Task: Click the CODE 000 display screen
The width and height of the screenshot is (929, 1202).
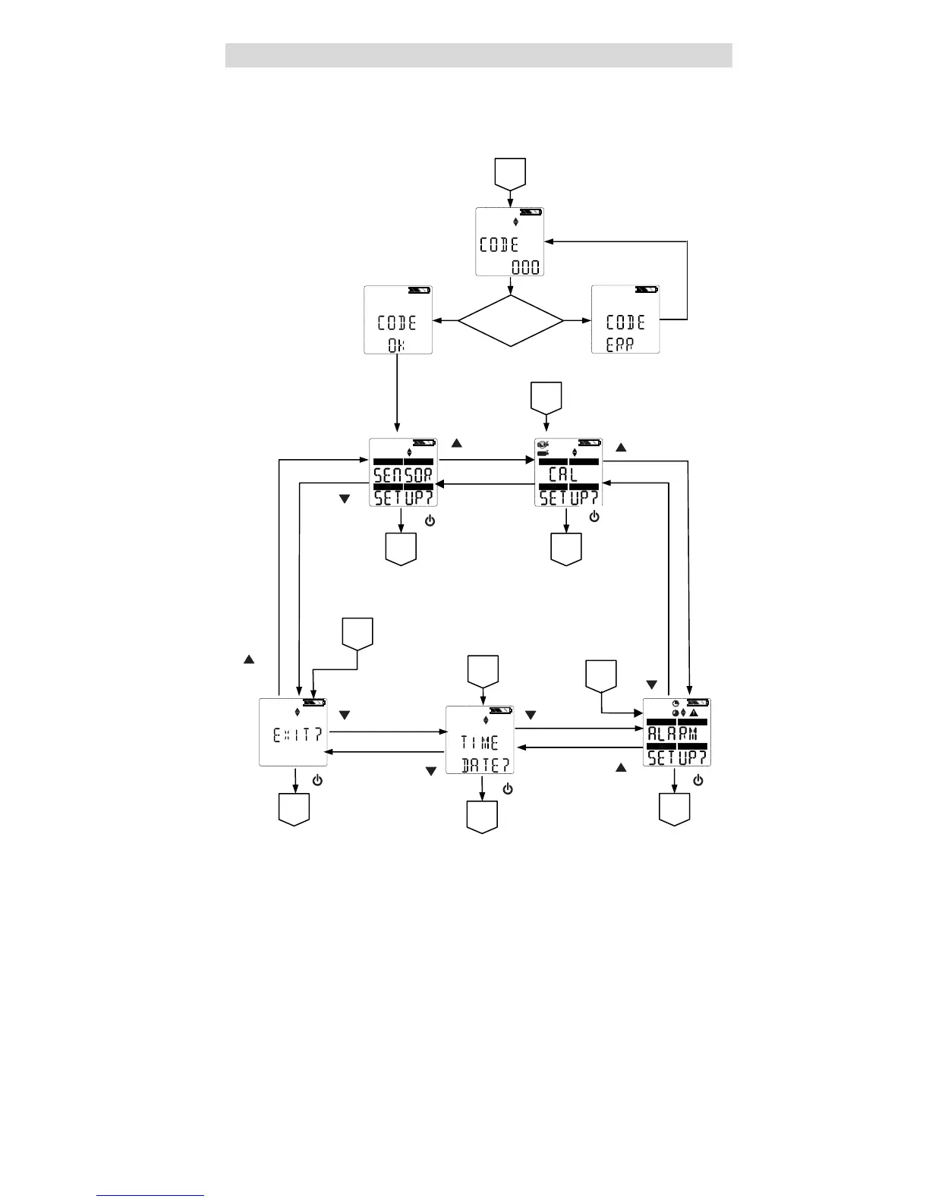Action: click(509, 242)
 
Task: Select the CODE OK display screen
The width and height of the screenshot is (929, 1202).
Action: click(398, 319)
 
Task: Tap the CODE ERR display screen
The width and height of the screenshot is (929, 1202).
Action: click(625, 319)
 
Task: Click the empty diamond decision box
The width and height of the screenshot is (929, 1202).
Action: click(511, 320)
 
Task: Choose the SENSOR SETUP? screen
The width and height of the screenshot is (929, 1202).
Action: click(403, 472)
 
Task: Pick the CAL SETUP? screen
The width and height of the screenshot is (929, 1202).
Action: click(568, 472)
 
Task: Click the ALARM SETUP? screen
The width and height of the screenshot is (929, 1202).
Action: click(677, 732)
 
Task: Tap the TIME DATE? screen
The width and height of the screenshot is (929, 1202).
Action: click(480, 740)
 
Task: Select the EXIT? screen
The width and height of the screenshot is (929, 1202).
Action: click(294, 732)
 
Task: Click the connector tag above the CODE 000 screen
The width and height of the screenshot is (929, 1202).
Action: click(510, 173)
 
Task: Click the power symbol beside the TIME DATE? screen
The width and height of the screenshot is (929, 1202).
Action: click(508, 789)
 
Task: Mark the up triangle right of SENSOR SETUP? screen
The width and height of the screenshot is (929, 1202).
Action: click(456, 443)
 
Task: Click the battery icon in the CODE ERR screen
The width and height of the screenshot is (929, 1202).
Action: click(646, 289)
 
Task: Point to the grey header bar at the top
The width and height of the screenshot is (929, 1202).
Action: click(478, 55)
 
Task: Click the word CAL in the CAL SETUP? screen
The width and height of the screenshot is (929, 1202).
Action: click(563, 475)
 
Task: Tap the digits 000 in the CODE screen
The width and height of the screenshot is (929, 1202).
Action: click(525, 267)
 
